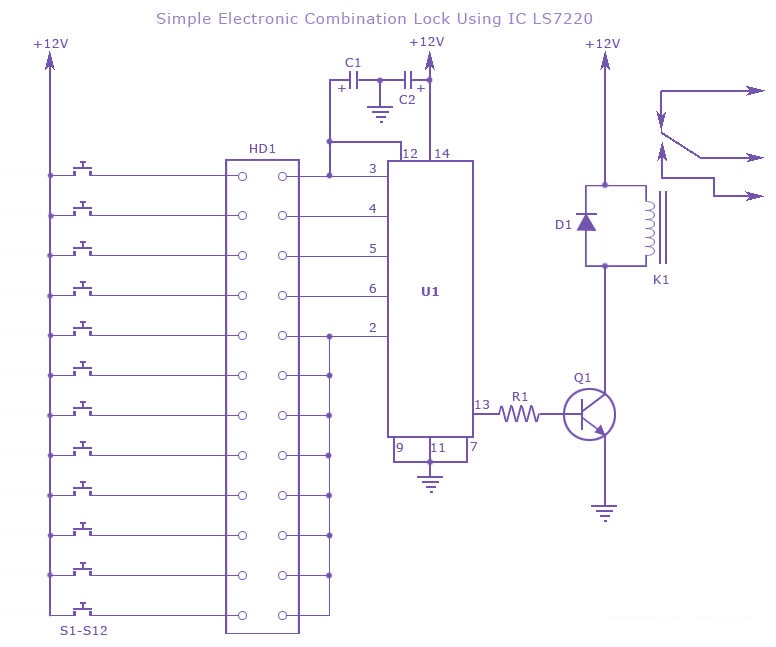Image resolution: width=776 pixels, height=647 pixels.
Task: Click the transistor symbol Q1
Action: pos(589,412)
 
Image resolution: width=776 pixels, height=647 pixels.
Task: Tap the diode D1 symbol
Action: pos(587,223)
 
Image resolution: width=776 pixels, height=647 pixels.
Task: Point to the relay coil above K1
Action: pos(650,226)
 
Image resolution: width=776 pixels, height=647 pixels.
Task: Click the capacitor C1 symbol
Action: pos(353,80)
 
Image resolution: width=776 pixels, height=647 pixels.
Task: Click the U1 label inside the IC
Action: pos(430,292)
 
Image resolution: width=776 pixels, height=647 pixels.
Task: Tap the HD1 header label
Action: pos(262,149)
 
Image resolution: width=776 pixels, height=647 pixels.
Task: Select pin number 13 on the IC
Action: pos(482,404)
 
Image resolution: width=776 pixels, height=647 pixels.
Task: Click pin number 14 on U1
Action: pos(441,153)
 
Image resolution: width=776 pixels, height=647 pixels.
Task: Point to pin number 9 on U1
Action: pos(399,447)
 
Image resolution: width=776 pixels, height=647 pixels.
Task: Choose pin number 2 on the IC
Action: pos(372,328)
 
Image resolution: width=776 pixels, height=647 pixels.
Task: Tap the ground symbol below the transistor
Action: pos(604,513)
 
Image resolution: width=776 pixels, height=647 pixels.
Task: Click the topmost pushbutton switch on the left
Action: pos(84,169)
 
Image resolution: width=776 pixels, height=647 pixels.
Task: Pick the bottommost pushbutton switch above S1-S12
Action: pos(84,609)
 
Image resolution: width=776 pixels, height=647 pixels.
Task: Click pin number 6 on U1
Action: pos(372,288)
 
